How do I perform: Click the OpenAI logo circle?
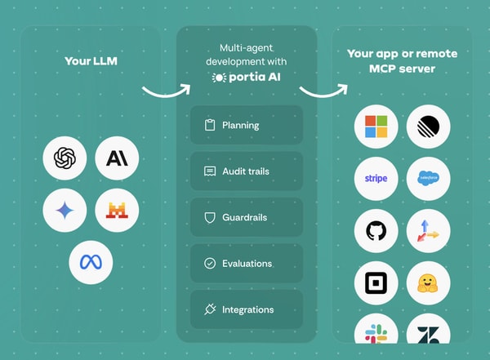65,158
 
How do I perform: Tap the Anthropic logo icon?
117,158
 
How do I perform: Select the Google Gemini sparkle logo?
65,210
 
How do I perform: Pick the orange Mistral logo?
117,210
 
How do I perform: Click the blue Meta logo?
91,262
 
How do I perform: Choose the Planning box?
246,125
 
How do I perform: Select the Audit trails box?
246,171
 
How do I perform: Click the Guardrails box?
246,218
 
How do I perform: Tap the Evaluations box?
246,264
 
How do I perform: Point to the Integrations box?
246,310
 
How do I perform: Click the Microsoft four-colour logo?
376,127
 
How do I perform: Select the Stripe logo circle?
376,178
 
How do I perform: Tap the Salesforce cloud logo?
429,178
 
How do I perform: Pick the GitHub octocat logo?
376,231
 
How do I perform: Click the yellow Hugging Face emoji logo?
429,283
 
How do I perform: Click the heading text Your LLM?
91,61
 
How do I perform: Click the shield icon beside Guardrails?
209,218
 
